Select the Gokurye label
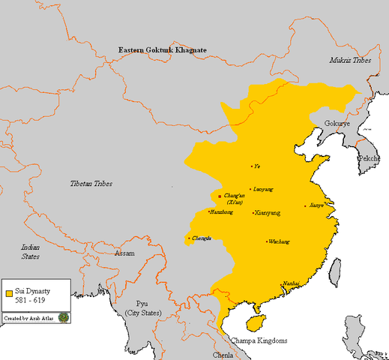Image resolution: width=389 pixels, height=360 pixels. click(337, 123)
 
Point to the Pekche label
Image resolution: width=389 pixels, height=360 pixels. click(368, 159)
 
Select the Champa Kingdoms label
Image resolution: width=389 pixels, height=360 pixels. click(257, 340)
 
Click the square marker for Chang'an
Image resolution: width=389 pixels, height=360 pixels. click(219, 196)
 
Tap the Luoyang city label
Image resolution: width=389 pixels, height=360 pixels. click(263, 190)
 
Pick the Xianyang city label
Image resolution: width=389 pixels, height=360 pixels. click(267, 213)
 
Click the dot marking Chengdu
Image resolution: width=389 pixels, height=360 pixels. click(188, 239)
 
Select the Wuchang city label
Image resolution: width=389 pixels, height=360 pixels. click(278, 241)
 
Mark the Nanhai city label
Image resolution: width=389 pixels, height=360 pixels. click(291, 283)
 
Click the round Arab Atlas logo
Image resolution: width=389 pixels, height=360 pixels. click(64, 318)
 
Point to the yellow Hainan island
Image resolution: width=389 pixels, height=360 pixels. click(257, 322)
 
